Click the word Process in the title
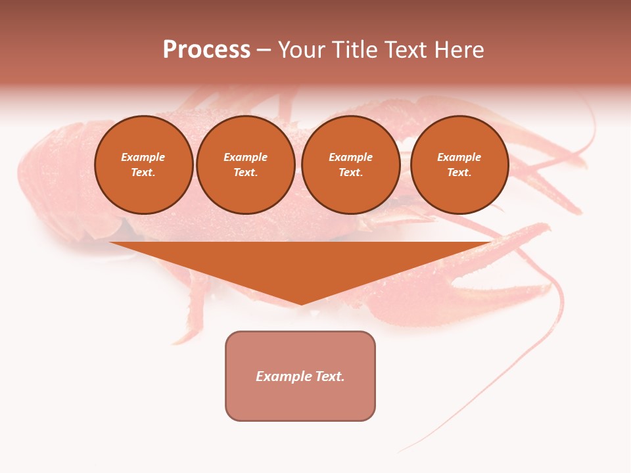pyautogui.click(x=206, y=50)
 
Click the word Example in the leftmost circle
pyautogui.click(x=143, y=157)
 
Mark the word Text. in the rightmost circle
pyautogui.click(x=459, y=172)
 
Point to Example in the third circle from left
pyautogui.click(x=351, y=157)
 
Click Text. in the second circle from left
pyautogui.click(x=246, y=172)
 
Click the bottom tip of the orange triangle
pyautogui.click(x=302, y=303)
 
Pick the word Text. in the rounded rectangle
pyautogui.click(x=330, y=376)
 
